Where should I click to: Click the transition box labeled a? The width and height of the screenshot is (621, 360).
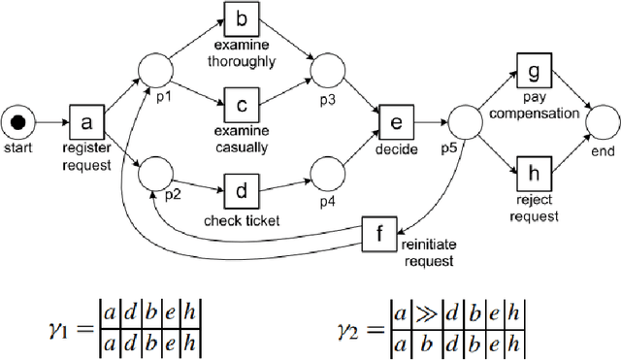85,124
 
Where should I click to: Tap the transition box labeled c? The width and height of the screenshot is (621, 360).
241,102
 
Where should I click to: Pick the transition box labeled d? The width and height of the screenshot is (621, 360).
241,187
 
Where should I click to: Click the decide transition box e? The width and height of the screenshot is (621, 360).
395,122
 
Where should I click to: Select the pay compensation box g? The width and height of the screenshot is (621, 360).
533,73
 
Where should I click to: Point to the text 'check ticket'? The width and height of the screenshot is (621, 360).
242,220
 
